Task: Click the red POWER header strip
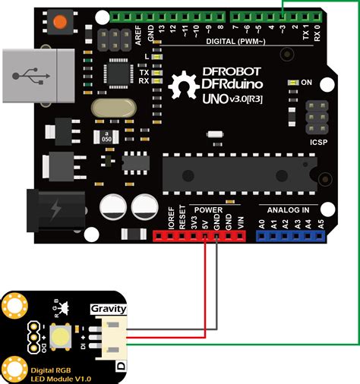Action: (x=201, y=236)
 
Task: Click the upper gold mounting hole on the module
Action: (x=13, y=307)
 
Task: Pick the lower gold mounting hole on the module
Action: (x=14, y=369)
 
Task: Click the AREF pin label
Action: (x=139, y=34)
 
